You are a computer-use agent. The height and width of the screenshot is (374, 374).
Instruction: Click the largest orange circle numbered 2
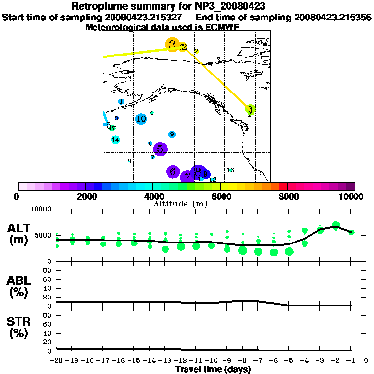click(x=172, y=45)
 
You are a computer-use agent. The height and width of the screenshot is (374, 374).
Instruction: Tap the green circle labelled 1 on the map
click(x=250, y=109)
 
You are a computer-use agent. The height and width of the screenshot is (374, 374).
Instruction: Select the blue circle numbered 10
click(x=141, y=119)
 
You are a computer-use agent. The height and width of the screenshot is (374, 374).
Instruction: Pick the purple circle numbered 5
click(x=160, y=149)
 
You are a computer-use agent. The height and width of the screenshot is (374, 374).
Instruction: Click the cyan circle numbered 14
click(x=115, y=140)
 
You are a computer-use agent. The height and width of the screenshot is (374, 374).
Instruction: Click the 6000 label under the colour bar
click(x=220, y=197)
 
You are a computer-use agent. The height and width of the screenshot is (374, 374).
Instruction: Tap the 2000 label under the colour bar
click(x=85, y=197)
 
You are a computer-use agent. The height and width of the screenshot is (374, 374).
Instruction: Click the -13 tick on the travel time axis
click(x=166, y=360)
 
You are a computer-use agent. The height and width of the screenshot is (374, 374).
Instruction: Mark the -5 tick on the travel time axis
click(x=290, y=360)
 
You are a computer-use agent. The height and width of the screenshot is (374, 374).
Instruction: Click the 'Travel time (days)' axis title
click(x=213, y=369)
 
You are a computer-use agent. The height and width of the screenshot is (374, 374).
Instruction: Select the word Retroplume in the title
click(x=98, y=7)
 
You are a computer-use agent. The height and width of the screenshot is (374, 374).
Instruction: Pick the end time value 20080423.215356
click(x=333, y=18)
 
